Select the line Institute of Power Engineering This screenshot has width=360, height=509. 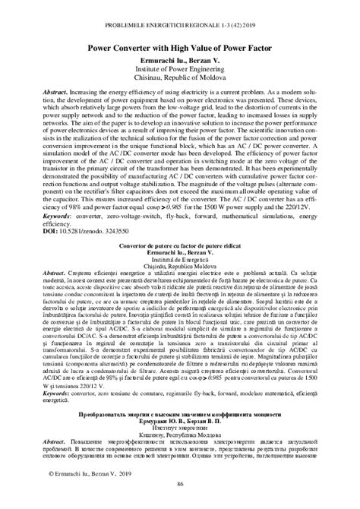tap(180, 67)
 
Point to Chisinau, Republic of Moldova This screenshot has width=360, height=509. tap(180, 77)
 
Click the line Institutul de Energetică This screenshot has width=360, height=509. tap(180, 261)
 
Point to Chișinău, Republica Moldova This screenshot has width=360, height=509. tap(180, 267)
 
